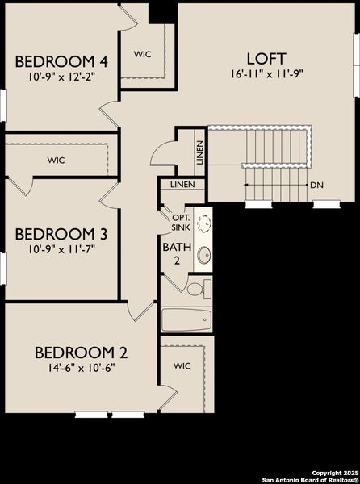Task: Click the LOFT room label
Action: pyautogui.click(x=266, y=58)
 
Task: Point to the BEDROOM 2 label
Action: pyautogui.click(x=80, y=352)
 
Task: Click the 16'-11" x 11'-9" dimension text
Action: pyautogui.click(x=266, y=73)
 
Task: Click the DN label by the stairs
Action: pyautogui.click(x=318, y=185)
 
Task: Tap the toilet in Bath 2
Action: pyautogui.click(x=199, y=288)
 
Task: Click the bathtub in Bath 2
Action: pyautogui.click(x=186, y=320)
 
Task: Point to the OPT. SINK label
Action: pyautogui.click(x=180, y=222)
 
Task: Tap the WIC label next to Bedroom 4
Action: pyautogui.click(x=143, y=54)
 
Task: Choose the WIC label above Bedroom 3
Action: pyautogui.click(x=56, y=160)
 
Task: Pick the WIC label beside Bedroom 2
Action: pyautogui.click(x=182, y=365)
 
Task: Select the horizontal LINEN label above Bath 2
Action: pyautogui.click(x=182, y=186)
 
